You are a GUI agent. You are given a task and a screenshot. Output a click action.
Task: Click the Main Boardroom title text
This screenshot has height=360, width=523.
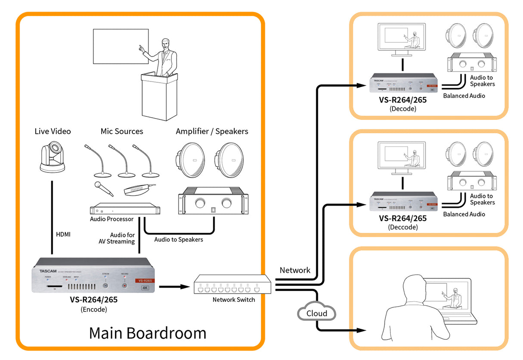coord(147,333)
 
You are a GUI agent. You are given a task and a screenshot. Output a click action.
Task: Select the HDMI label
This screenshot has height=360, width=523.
coord(63,235)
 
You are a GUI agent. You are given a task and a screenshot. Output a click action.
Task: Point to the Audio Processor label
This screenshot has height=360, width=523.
coord(112,219)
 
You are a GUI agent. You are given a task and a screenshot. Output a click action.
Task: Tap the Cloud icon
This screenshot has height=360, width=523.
coord(317,313)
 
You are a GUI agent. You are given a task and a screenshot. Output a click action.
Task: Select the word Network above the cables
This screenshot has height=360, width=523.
coord(295,270)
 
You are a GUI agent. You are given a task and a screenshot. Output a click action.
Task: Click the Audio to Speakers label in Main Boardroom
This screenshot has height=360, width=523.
coord(178,239)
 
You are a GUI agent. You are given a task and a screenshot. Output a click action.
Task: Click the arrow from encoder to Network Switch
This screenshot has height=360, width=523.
coord(174,285)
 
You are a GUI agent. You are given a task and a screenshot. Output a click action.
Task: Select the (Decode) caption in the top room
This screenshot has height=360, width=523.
coord(403,109)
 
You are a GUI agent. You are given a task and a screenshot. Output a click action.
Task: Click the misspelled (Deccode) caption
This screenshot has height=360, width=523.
coord(403,227)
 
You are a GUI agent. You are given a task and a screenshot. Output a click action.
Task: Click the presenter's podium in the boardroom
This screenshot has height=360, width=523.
coord(159,97)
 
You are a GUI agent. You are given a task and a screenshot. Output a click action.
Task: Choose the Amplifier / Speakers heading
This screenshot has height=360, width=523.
coord(212,131)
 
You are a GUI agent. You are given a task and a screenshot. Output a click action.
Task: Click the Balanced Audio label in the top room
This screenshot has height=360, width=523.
coord(464,96)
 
